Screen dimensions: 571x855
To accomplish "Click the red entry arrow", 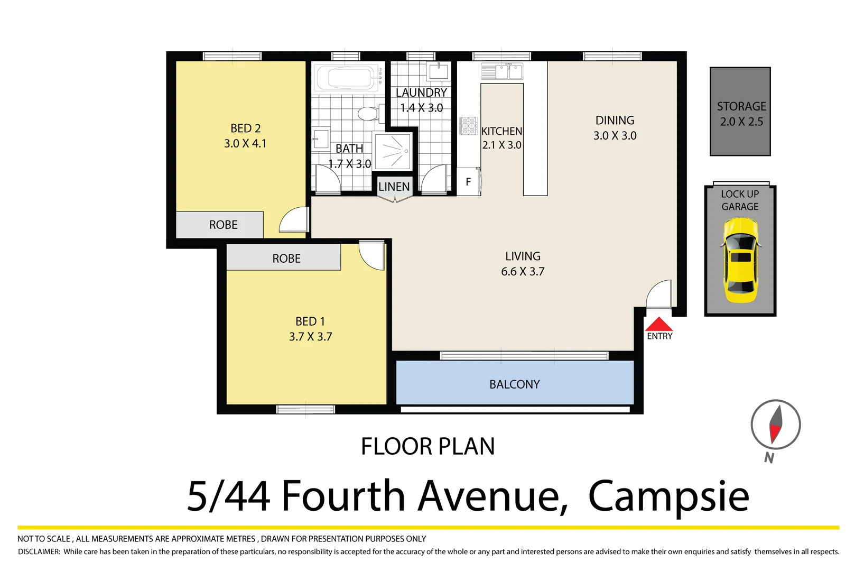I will tap(658, 325).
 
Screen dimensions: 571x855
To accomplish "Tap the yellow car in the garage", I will tap(740, 260).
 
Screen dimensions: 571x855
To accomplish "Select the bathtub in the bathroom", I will tap(348, 78).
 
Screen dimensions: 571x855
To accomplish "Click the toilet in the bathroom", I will tap(368, 113).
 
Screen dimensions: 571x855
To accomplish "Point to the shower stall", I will tap(393, 151).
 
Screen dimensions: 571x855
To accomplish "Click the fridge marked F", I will tap(468, 182).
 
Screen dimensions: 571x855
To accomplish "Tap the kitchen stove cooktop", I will tap(468, 126).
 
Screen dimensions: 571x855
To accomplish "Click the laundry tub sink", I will tap(439, 71).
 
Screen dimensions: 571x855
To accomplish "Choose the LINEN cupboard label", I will tap(394, 187).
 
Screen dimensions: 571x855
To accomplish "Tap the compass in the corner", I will tap(775, 425).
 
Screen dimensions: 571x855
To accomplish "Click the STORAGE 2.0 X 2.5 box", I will tap(740, 112).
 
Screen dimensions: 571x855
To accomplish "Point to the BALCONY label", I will tap(514, 384).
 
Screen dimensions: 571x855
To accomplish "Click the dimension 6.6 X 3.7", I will tap(523, 272).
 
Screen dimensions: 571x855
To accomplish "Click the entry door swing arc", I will tap(659, 294).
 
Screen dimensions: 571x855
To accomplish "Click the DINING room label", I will tap(615, 121).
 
